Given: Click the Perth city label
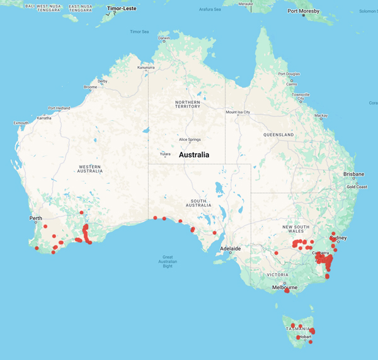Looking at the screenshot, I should coord(35,218).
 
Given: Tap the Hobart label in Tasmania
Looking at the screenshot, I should coord(305,337).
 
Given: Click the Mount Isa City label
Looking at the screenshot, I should coord(239,112).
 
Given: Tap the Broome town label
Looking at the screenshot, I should coord(91,87).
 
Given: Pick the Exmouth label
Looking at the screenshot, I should coord(21,123).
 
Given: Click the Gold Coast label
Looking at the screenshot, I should coord(355,187).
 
